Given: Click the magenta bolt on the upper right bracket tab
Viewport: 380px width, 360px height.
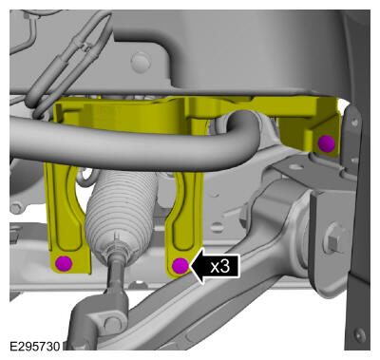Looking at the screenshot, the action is [327, 143].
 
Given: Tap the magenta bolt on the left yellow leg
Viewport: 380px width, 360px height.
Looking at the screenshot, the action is [64, 263].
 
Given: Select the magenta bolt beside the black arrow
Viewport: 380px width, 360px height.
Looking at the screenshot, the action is [180, 266].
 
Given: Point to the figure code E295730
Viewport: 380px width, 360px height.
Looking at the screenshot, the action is [34, 346].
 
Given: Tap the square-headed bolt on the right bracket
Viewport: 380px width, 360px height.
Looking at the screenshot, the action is [333, 243].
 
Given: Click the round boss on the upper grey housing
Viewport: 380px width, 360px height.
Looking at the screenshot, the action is [141, 62].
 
